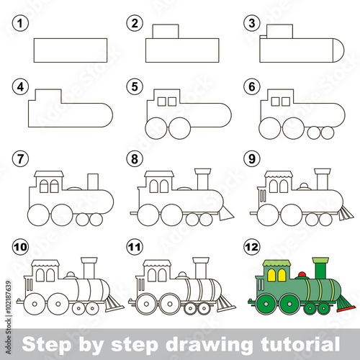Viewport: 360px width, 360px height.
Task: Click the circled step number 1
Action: pos(20,23)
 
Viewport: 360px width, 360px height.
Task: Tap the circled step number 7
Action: pos(20,158)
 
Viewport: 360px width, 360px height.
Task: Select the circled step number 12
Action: pos(252,247)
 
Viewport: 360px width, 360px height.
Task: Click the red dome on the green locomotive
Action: pos(302,274)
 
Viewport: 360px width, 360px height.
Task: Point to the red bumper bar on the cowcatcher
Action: pos(346,309)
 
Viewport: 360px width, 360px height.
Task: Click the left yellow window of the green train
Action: pos(271,275)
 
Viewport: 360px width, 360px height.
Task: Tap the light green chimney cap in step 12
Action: pos(320,260)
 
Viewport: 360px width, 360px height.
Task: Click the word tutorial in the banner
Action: pos(300,344)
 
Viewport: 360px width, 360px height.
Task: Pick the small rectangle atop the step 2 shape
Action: pos(166,31)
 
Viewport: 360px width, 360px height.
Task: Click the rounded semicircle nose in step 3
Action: pos(339,50)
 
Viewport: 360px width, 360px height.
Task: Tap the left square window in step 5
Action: pos(162,102)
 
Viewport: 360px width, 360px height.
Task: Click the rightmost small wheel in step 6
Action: pos(328,132)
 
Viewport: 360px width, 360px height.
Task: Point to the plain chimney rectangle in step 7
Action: pos(93,181)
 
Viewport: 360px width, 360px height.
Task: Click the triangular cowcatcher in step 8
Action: pos(225,213)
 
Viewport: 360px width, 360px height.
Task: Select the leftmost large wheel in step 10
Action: pos(35,304)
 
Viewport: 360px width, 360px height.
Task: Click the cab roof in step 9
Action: pos(279,174)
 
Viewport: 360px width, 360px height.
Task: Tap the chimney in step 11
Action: pos(201,268)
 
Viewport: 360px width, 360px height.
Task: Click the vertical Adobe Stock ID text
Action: pos(9,318)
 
